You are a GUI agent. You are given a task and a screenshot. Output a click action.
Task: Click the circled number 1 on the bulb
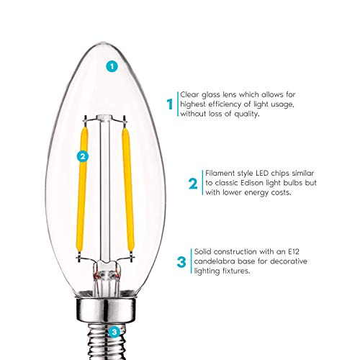click(x=111, y=66)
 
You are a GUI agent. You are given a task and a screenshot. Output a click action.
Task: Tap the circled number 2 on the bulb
click(x=83, y=155)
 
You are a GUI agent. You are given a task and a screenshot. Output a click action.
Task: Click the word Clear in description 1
click(x=189, y=94)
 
